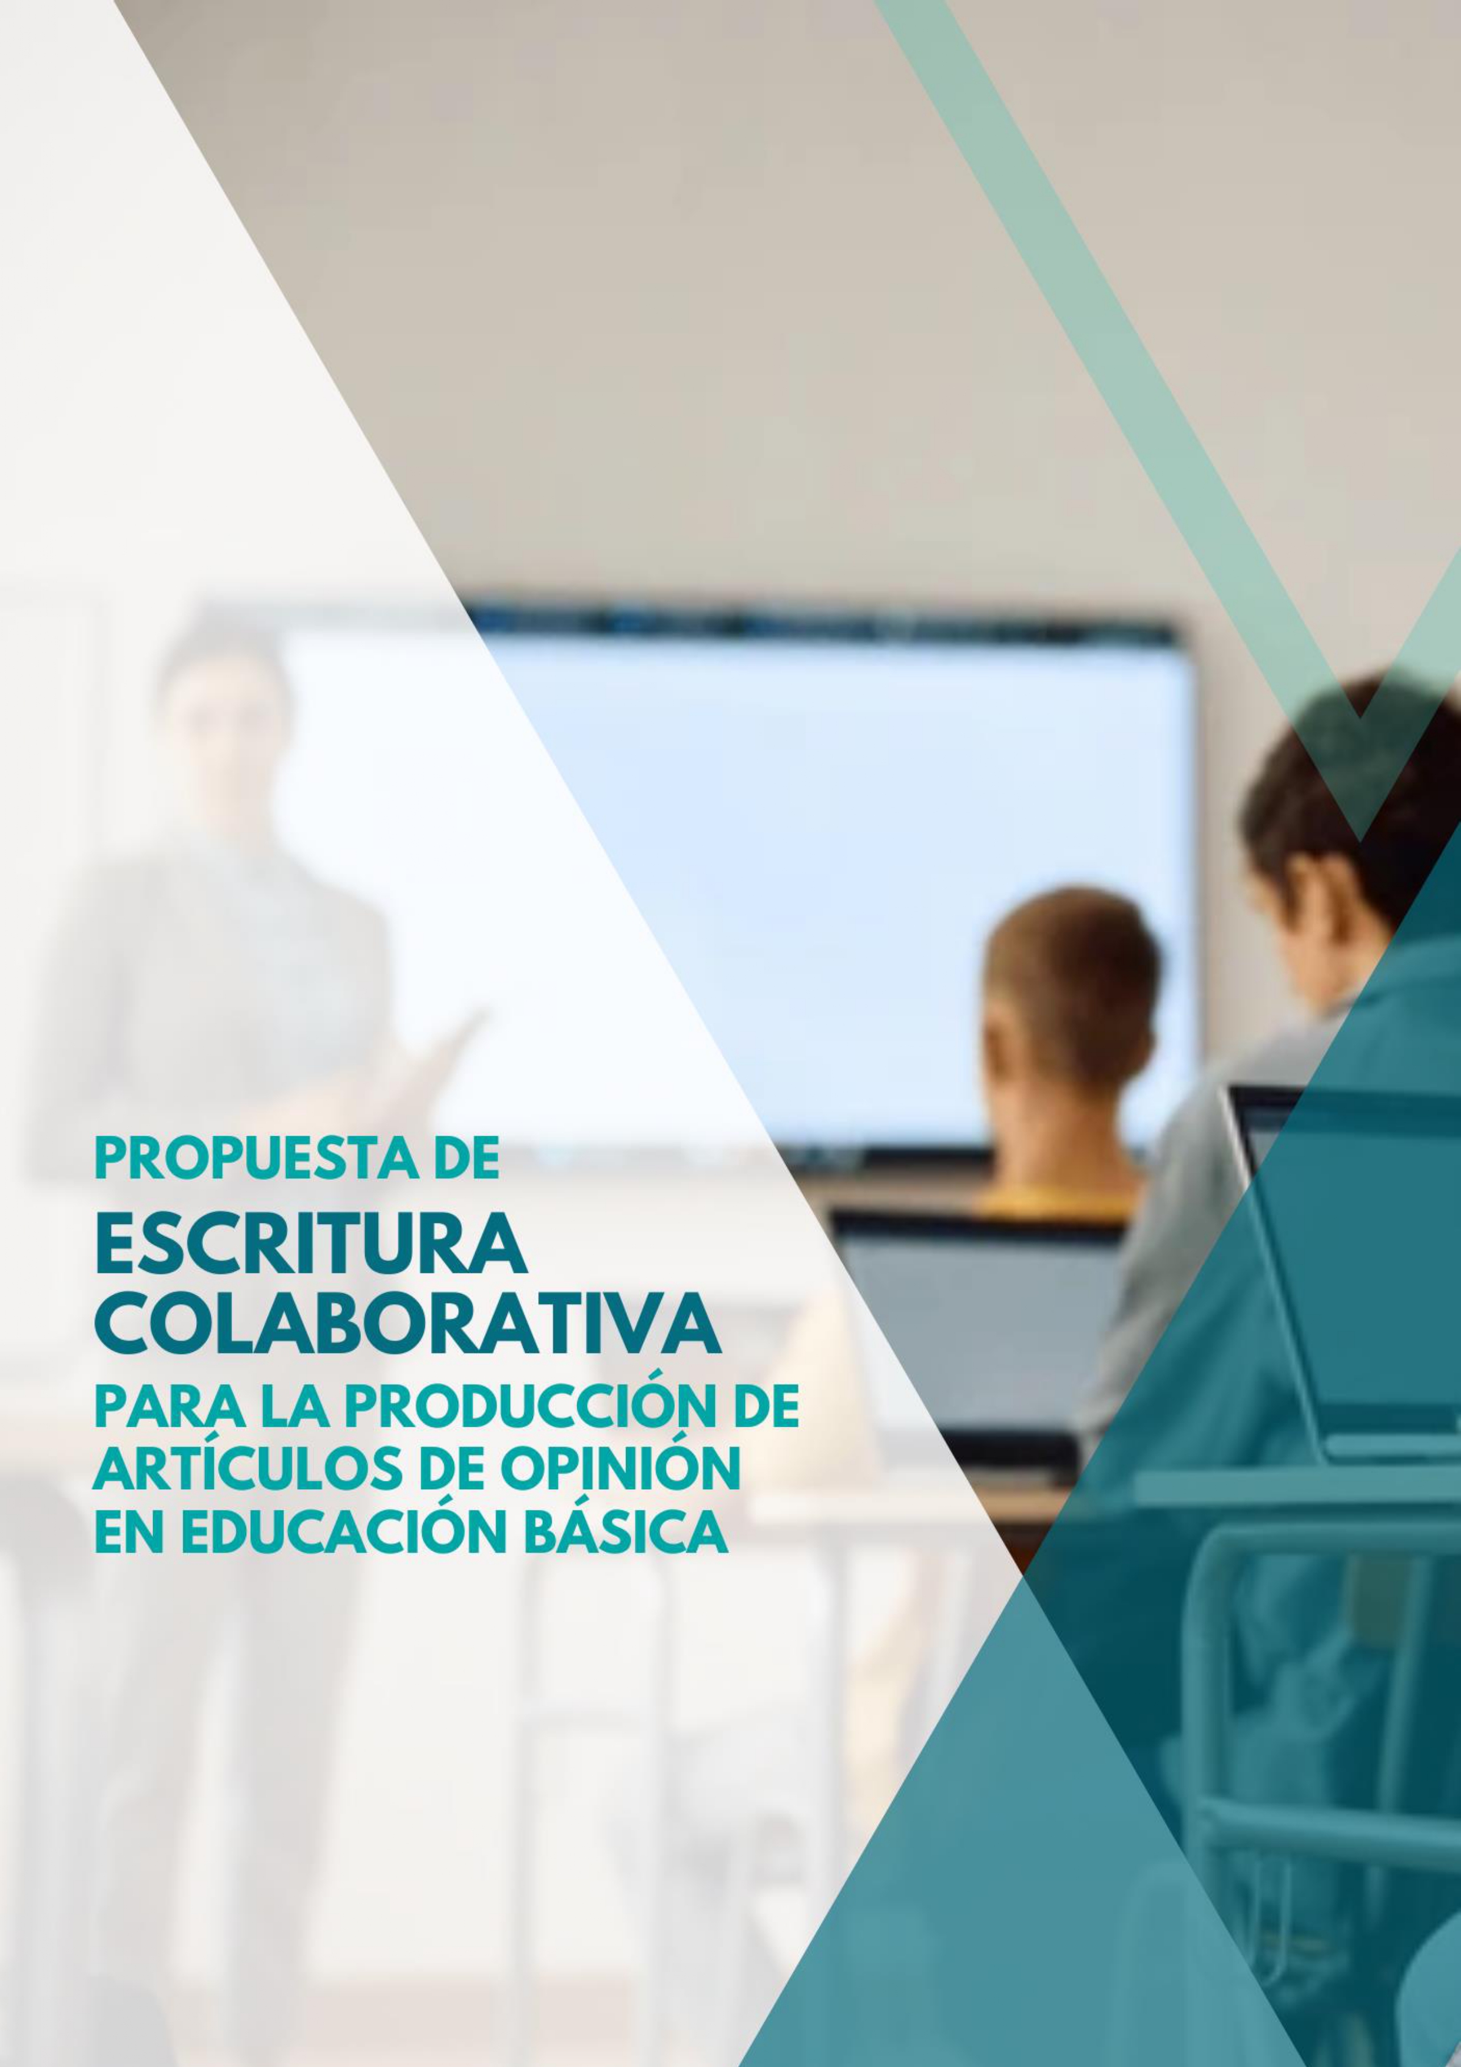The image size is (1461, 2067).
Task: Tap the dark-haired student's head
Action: pos(1350,792)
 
